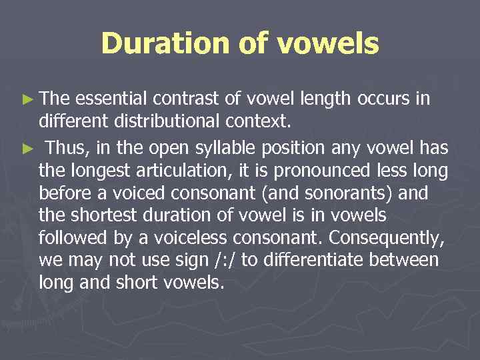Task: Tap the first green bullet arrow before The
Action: [x=27, y=100]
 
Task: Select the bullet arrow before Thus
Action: [x=27, y=145]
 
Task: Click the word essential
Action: [x=113, y=99]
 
